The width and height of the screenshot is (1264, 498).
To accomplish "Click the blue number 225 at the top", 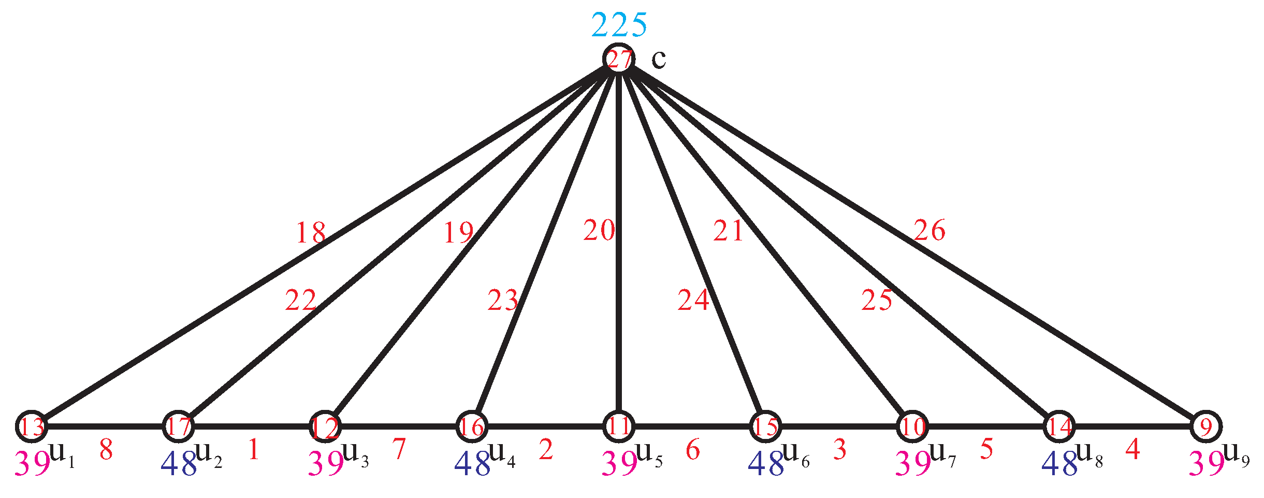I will coord(619,25).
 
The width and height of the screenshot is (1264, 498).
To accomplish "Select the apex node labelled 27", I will coord(619,59).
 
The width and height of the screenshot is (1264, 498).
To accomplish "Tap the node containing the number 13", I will coord(32,426).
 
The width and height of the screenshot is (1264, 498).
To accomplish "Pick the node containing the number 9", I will coord(1207,426).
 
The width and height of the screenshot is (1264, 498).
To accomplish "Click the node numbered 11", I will coord(619,426).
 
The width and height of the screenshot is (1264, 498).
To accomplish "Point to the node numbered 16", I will coord(472,426).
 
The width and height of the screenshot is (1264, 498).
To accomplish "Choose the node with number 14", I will coord(1059,426).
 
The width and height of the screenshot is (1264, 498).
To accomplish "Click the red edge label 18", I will coord(311,233).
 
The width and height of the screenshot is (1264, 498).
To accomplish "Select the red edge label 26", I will coord(929,230).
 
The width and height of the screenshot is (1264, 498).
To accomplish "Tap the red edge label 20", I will coord(599,230).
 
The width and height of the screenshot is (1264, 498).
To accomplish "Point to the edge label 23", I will coord(502,301).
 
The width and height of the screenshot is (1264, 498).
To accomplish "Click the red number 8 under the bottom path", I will coord(106,450).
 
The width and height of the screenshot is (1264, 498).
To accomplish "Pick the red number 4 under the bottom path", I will coord(1132,449).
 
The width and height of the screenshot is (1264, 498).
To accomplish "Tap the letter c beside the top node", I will coord(659,59).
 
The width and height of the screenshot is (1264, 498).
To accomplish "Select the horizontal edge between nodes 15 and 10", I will coord(839,426).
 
